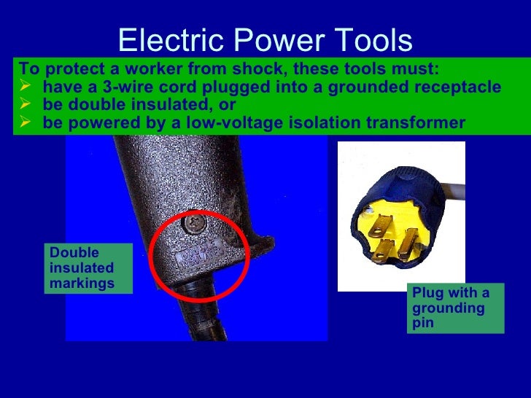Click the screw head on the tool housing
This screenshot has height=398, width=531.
pos(195,219)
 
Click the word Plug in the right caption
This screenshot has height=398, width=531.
pos(427,293)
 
